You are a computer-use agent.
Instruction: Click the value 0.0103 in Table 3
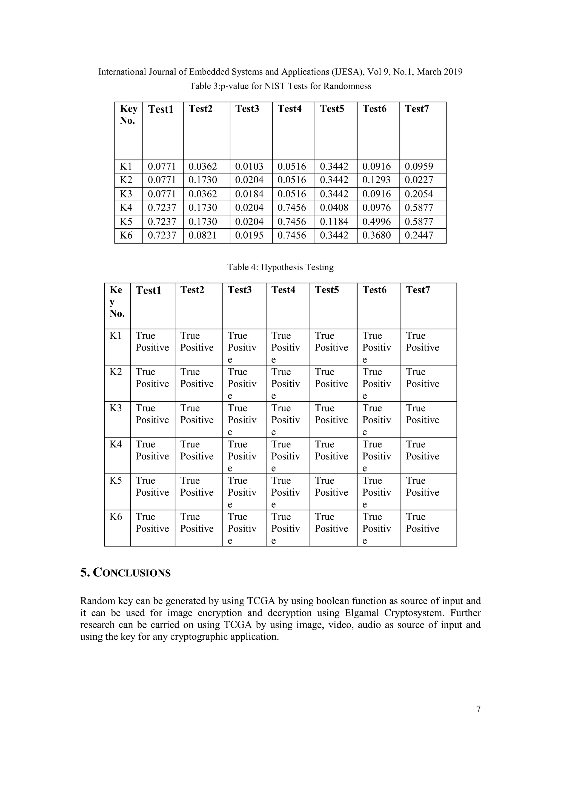tap(249, 166)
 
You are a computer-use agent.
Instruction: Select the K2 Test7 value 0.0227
tap(419, 180)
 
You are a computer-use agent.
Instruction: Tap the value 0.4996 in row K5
tap(376, 222)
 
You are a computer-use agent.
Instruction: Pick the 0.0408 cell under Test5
tap(334, 208)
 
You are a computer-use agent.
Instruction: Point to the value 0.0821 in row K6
tap(202, 235)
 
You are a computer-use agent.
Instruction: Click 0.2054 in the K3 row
tap(419, 194)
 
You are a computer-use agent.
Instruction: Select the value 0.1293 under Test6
tap(376, 180)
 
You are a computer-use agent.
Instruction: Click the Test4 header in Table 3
tap(290, 109)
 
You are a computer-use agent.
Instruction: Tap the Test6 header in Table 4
tap(374, 290)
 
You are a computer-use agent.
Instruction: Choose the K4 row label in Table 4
tap(116, 444)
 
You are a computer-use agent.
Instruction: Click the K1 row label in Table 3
tap(126, 166)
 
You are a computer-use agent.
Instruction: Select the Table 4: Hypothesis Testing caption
tap(280, 267)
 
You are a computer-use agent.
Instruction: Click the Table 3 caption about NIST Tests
tap(280, 86)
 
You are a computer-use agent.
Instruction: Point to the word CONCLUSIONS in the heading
tap(132, 573)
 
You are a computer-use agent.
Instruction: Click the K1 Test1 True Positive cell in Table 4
tap(152, 341)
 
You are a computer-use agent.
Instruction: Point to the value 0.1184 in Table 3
tap(334, 222)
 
